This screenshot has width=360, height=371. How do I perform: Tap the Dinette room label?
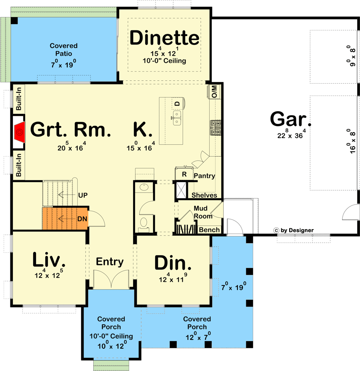pos(164,38)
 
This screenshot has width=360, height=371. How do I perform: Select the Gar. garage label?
pos(290,119)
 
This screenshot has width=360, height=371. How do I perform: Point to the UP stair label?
pos(83,195)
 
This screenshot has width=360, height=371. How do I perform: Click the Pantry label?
pos(204,176)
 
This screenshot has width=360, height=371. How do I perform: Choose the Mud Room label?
pos(203,212)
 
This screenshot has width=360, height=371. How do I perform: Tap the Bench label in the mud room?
pos(209,230)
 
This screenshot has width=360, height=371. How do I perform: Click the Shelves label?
pos(204,195)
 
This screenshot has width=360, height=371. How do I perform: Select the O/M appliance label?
pos(214,92)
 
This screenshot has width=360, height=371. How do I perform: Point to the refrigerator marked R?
pos(184,174)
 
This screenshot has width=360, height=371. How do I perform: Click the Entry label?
pos(110,262)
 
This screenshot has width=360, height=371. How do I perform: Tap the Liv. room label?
pos(48,260)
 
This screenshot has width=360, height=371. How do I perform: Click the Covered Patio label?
pos(64,49)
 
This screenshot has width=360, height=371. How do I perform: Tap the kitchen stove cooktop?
pos(215,128)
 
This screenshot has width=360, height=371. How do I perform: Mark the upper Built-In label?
pos(19,98)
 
